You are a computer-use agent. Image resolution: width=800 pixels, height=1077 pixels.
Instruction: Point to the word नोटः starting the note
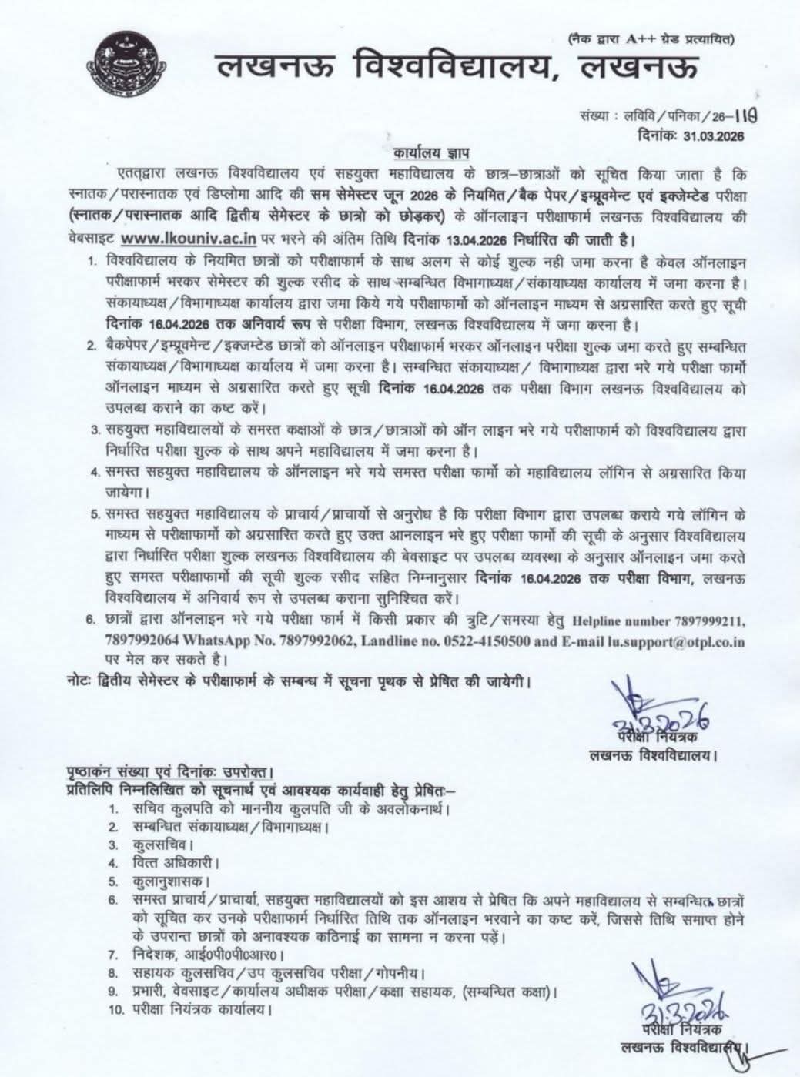[x=77, y=680]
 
